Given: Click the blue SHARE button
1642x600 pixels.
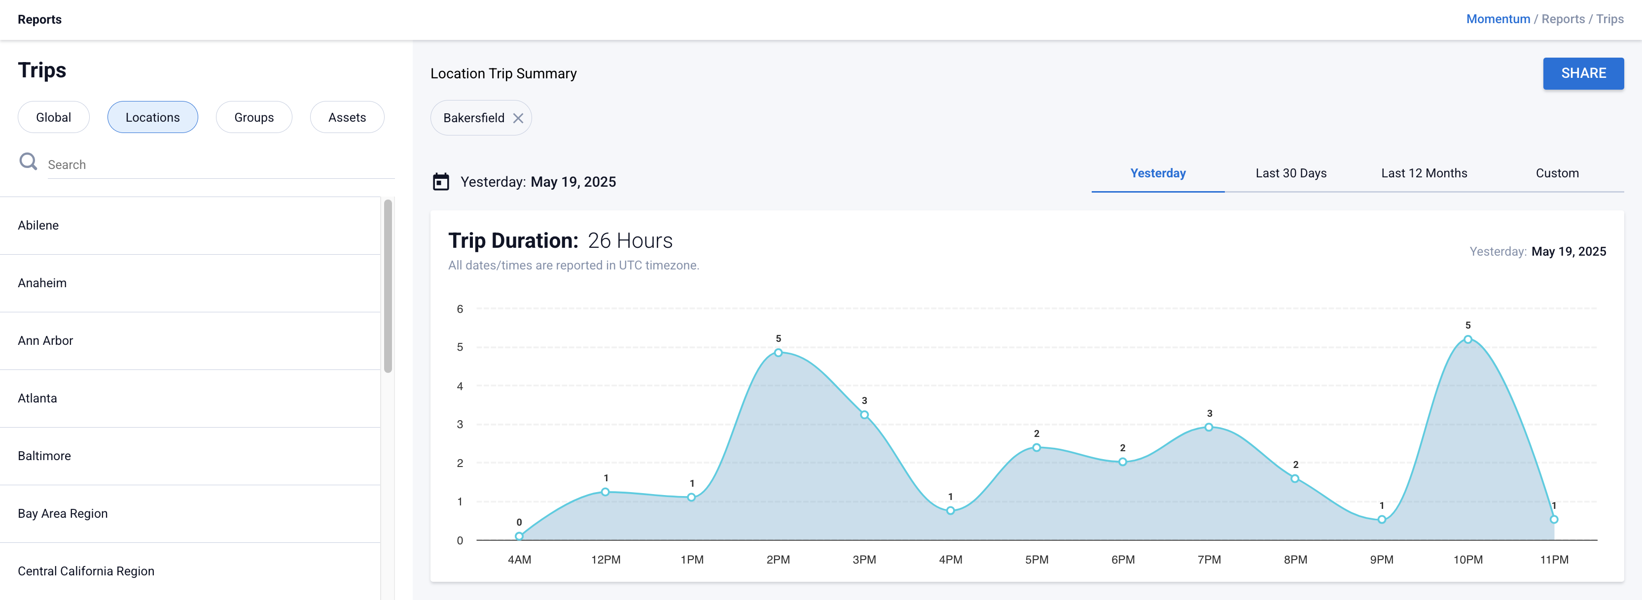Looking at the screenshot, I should coord(1583,73).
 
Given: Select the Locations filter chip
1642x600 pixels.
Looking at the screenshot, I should coord(152,117).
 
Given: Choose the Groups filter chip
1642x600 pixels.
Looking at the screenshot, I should coord(253,117).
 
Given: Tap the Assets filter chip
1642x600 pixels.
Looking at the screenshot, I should coord(347,117).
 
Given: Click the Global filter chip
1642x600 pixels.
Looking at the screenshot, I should coord(54,117).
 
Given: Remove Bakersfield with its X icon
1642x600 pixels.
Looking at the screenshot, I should coord(518,118).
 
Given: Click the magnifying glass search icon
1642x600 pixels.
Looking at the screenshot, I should coord(28,162).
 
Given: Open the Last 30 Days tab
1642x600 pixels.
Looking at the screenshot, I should coord(1291,173).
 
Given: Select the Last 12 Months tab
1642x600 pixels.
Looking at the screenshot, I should coord(1424,173).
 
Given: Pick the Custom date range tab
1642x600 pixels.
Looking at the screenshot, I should coord(1557,173).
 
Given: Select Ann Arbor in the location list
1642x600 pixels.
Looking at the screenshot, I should coord(45,341).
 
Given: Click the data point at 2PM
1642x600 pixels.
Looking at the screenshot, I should coord(778,353).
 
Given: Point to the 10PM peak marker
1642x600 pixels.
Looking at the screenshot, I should coord(1468,339).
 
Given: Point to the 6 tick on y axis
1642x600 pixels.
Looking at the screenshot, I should coord(460,309).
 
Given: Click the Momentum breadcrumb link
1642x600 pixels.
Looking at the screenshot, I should coord(1498,19).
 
